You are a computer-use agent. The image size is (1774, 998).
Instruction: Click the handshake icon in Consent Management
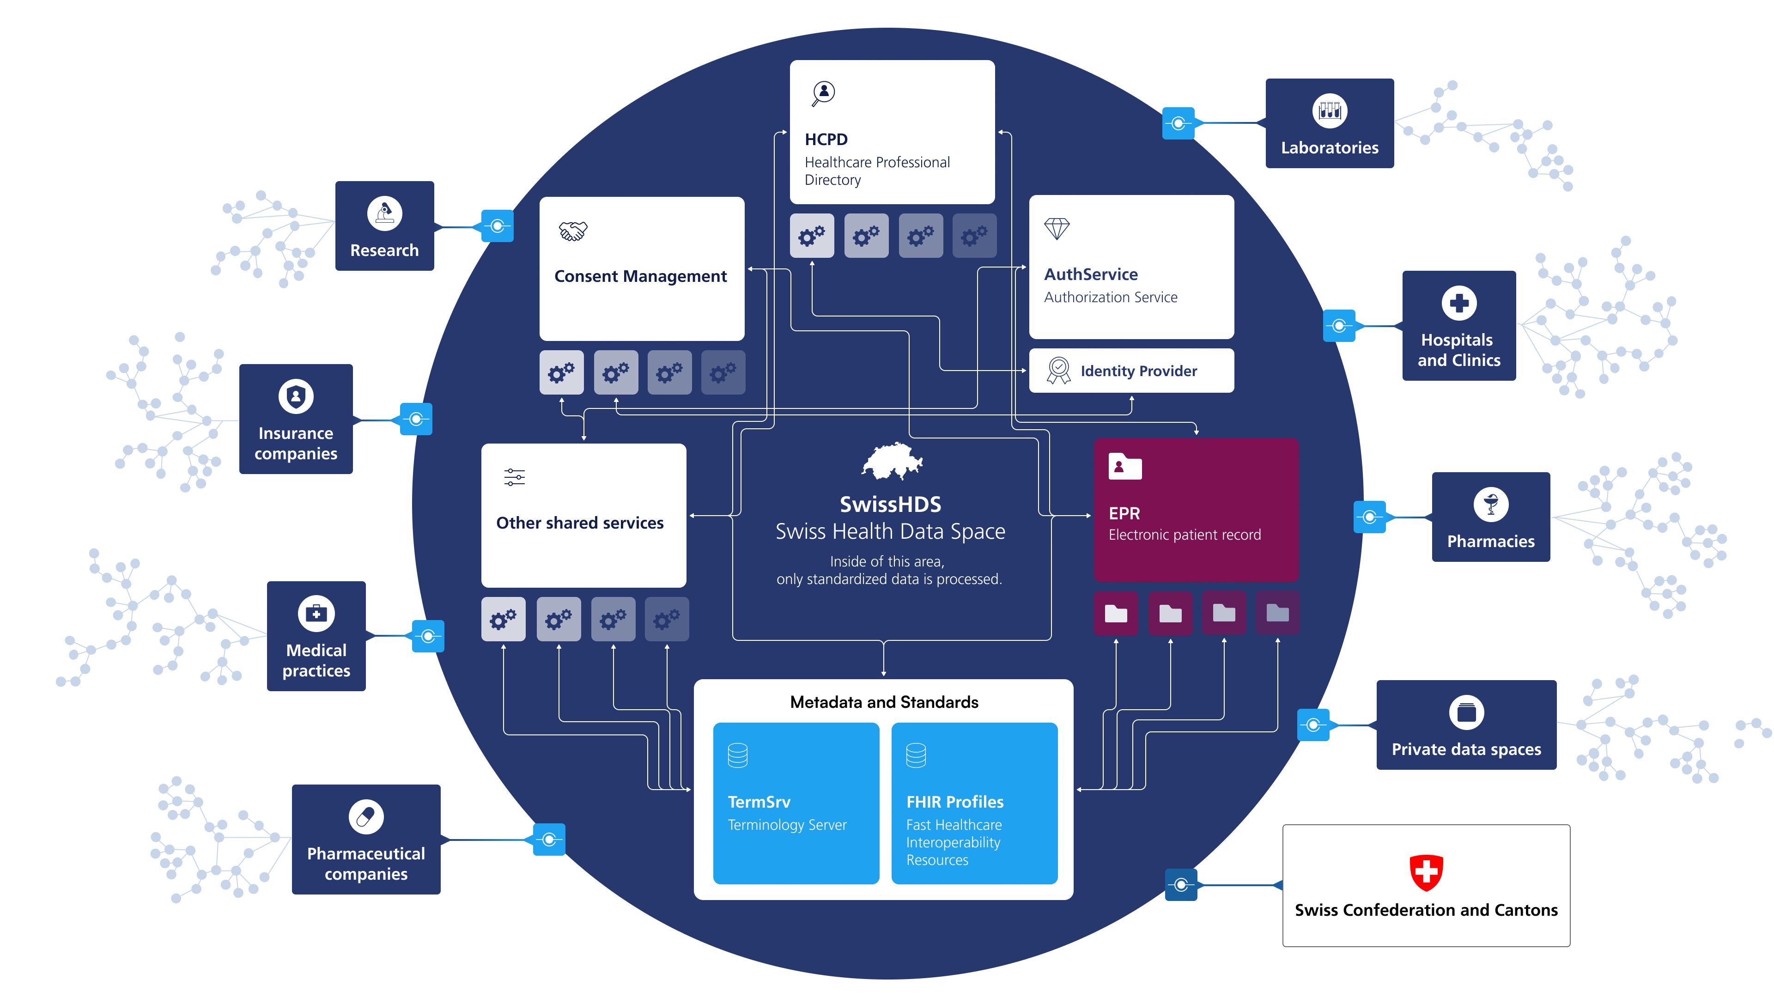pos(572,231)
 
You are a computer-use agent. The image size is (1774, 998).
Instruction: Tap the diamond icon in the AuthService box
pos(1057,229)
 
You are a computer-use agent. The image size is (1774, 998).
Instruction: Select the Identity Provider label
pos(1138,371)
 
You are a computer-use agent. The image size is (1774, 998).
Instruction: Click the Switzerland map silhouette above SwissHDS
pos(892,461)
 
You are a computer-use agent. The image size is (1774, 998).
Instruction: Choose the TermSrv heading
pos(759,802)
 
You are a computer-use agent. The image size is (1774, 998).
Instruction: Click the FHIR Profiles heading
pos(954,802)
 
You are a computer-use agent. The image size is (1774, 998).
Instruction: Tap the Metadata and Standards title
pos(884,702)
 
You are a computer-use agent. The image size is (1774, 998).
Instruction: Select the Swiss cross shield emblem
pos(1426,873)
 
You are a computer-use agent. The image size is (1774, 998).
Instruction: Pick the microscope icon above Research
pos(384,213)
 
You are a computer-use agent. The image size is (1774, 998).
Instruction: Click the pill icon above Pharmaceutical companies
pos(366,817)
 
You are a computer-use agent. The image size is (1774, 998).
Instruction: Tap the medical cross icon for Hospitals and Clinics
pos(1458,303)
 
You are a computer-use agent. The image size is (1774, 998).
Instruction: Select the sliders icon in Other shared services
pos(515,477)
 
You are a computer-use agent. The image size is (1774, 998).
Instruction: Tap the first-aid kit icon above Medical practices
pos(316,613)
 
